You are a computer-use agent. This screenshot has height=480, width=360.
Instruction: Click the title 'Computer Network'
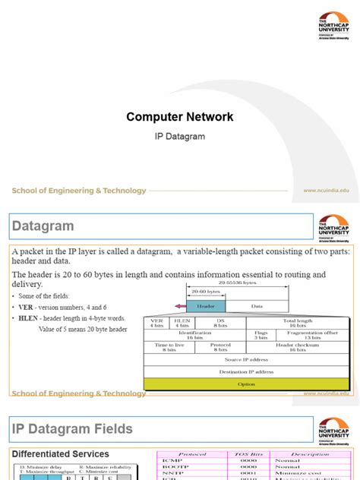pos(179,117)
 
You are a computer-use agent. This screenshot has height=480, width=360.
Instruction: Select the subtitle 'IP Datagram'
pos(179,137)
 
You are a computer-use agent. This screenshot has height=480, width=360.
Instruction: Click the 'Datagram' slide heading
pos(43,226)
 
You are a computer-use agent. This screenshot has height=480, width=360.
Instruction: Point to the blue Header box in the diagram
pos(205,305)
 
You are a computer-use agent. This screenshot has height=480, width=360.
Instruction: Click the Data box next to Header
pos(256,305)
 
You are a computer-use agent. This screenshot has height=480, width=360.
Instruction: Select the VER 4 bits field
pos(157,323)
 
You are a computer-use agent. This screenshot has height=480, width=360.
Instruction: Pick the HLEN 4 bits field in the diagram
pos(183,323)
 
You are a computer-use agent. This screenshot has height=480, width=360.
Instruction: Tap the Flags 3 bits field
pos(261,334)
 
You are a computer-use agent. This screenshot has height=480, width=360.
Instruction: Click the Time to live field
pos(169,346)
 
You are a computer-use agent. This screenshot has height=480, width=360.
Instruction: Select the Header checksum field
pos(298,346)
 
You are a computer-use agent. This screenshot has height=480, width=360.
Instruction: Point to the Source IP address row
pos(246,359)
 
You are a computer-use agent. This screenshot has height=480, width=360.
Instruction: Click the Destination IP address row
pos(246,371)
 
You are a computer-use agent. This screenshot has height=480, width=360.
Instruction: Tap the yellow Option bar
pos(246,384)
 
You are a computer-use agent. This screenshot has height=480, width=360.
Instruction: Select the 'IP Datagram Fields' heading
pos(72,429)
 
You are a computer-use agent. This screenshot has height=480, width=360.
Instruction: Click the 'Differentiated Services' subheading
pos(60,454)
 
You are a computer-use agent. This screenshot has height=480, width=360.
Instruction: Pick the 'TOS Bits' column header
pos(248,454)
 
